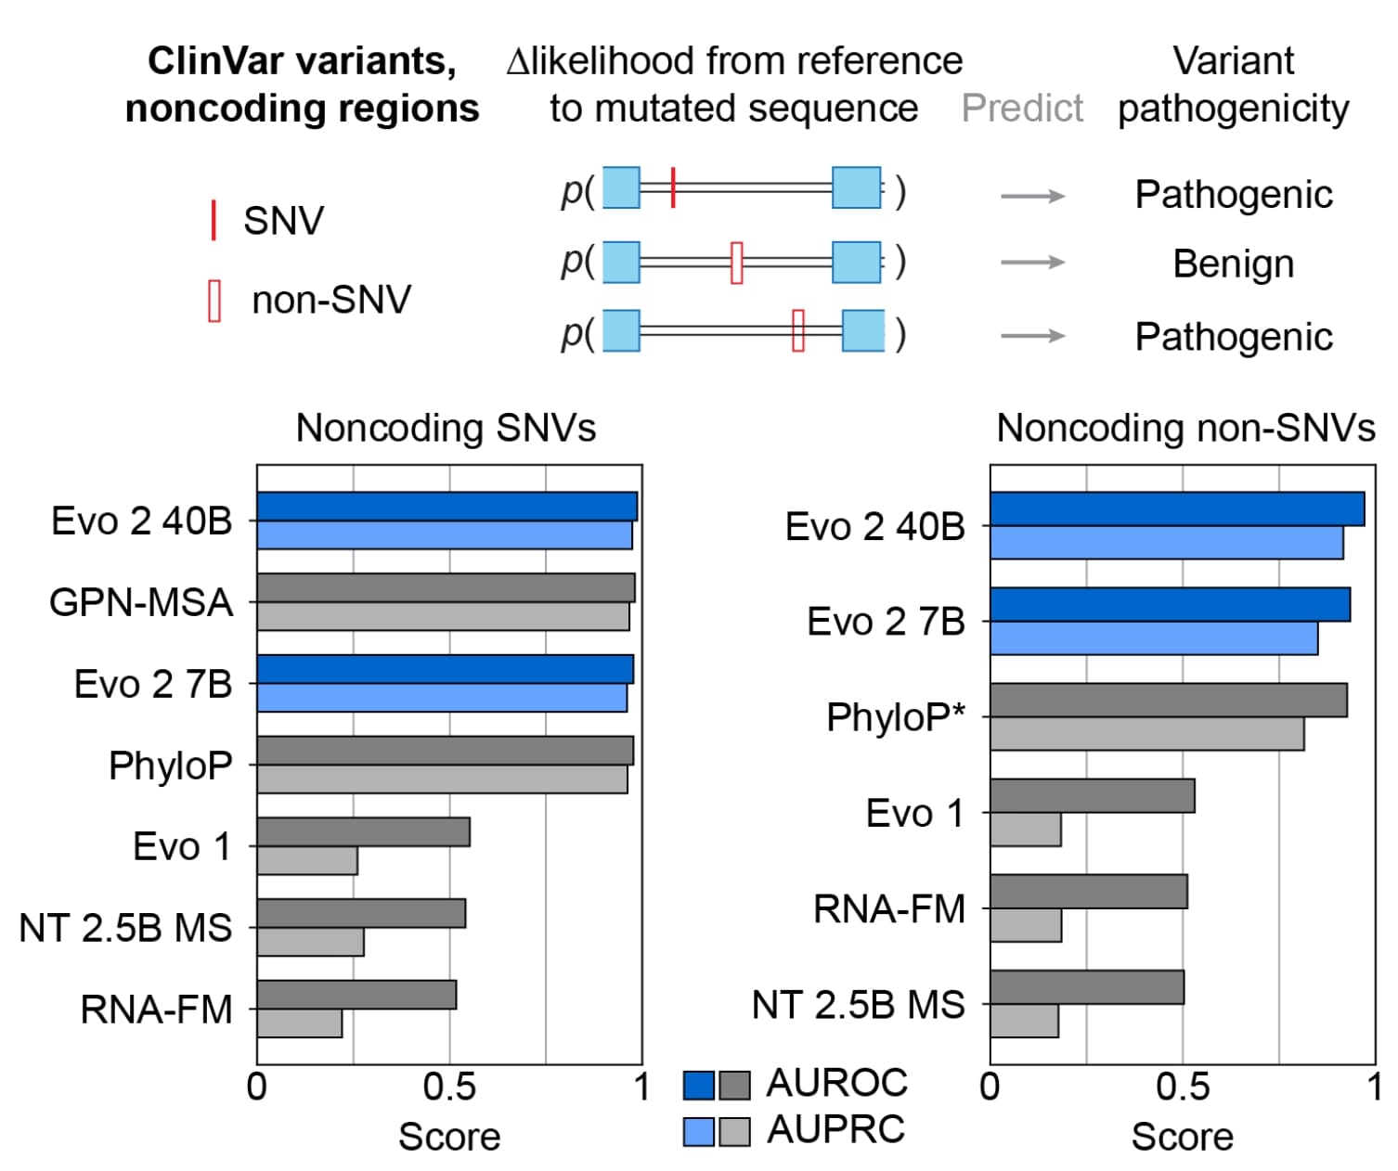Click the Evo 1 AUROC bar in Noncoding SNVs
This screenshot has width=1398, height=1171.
coord(363,832)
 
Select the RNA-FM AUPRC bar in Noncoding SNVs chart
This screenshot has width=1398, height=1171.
coord(300,1024)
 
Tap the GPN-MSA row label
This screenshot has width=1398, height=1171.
coord(141,602)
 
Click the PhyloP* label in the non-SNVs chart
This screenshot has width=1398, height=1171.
coord(896,717)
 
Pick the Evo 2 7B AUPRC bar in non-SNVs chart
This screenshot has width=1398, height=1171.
coord(1154,638)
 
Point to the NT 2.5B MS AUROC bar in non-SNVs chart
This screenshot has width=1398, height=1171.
coord(1087,987)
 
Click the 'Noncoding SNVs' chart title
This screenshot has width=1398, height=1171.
coord(446,428)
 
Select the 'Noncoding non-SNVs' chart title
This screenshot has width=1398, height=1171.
coord(1185,428)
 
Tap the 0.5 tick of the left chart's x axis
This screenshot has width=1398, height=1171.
coord(449,1087)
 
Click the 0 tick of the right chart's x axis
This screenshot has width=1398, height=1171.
coord(990,1087)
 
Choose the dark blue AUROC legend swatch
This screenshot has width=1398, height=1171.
coord(699,1085)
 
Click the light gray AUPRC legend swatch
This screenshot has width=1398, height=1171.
coord(734,1131)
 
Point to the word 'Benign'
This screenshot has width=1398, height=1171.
coord(1233,264)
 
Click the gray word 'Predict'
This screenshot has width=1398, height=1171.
coord(1022,109)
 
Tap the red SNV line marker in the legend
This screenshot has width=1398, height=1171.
coord(214,221)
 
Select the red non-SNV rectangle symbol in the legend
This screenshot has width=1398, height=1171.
coord(214,301)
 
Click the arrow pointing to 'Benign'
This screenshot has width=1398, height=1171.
coord(1032,263)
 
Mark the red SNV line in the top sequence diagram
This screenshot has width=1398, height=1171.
coord(673,187)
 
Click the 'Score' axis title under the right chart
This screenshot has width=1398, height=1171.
coord(1182,1137)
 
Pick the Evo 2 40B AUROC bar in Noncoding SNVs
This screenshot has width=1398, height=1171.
coord(447,507)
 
